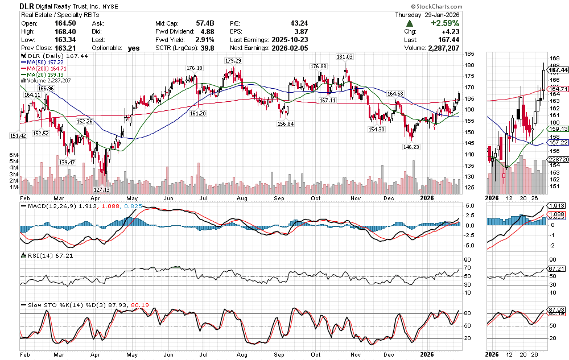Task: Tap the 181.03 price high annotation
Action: [345, 57]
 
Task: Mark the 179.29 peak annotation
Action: [233, 61]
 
